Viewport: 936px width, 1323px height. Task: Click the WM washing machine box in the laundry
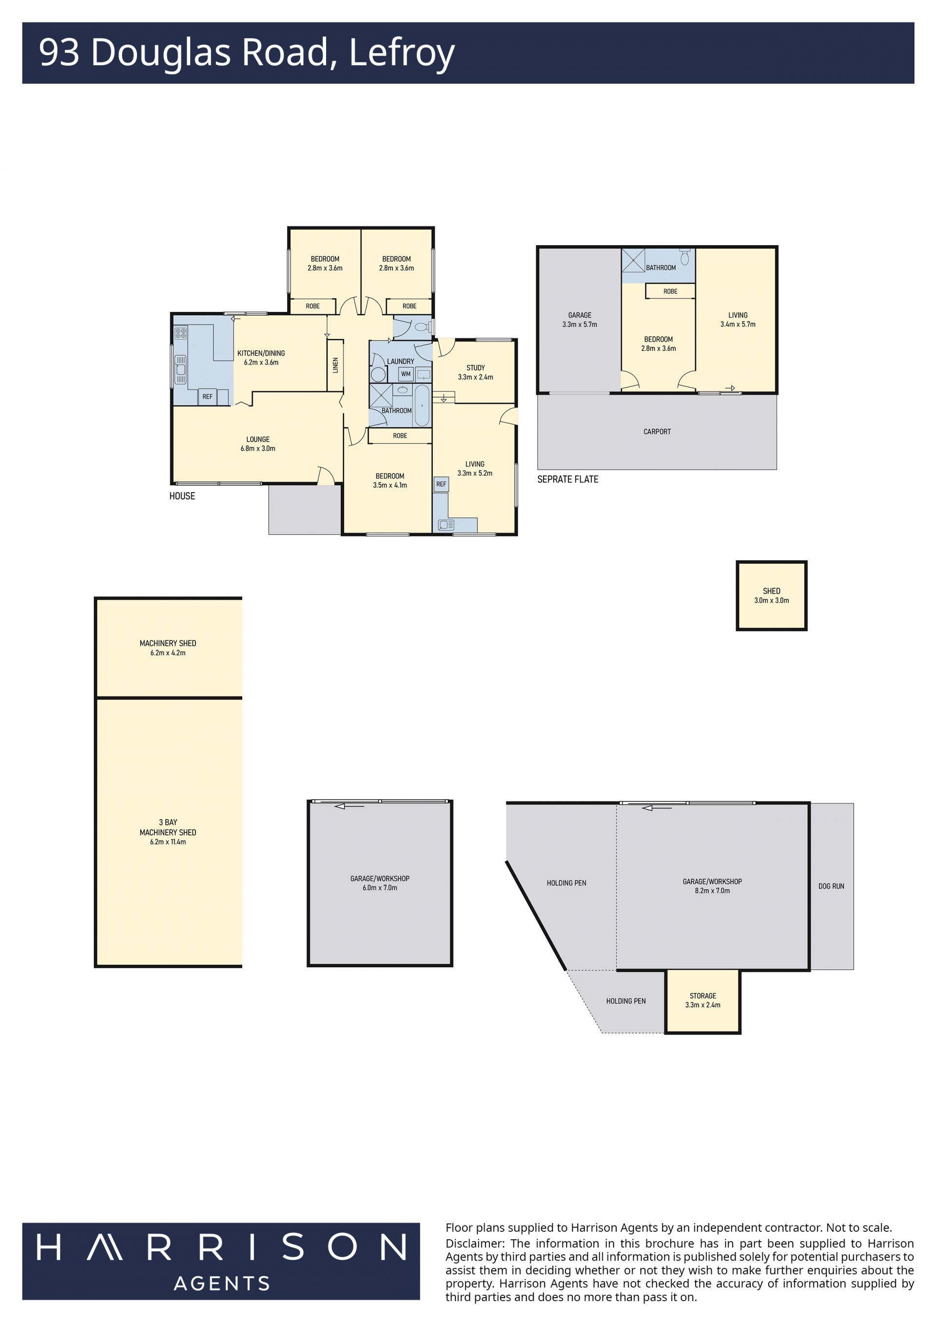click(x=406, y=374)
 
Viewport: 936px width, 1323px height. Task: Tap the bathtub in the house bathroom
click(x=422, y=405)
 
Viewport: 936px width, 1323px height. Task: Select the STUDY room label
click(x=475, y=367)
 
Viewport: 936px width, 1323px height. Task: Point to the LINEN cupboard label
click(x=335, y=365)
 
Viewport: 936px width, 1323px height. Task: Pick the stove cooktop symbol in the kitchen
click(x=181, y=333)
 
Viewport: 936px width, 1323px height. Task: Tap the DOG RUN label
click(x=831, y=886)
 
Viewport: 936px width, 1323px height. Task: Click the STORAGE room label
click(x=702, y=996)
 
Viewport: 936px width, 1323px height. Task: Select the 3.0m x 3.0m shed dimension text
click(x=772, y=600)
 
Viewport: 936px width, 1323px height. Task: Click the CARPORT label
click(x=657, y=432)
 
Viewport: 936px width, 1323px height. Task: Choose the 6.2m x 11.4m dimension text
click(x=168, y=842)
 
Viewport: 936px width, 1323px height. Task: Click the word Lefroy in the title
click(x=402, y=53)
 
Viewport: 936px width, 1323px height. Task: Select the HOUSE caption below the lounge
click(x=182, y=496)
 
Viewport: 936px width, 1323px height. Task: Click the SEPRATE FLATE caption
click(x=568, y=479)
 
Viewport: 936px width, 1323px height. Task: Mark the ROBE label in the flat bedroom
click(x=670, y=291)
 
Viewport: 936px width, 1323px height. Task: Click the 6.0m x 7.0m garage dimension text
click(x=380, y=888)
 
